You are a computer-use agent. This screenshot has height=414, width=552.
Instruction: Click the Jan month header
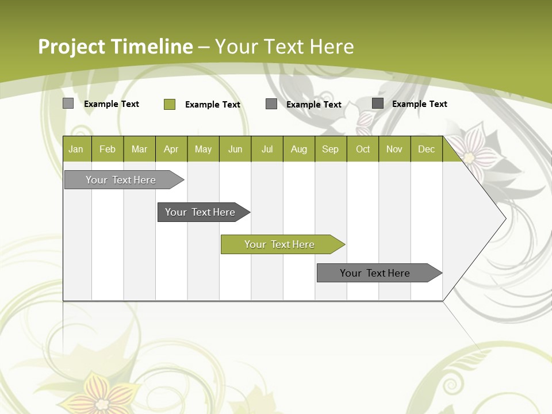(76, 149)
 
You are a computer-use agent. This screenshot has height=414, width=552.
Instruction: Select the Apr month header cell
(171, 149)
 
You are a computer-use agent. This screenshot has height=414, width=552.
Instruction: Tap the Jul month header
(267, 149)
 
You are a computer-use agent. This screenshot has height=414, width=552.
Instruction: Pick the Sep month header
(331, 149)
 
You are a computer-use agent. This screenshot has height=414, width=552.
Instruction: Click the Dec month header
(426, 149)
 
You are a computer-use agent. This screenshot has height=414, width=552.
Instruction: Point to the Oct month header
(363, 149)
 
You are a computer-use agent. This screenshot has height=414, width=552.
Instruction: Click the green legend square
(170, 104)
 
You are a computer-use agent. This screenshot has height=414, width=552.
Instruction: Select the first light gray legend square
(68, 103)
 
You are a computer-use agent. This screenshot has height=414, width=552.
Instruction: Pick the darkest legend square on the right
(378, 103)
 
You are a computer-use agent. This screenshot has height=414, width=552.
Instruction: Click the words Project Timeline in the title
(115, 47)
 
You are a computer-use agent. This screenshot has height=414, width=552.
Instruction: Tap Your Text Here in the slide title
(284, 47)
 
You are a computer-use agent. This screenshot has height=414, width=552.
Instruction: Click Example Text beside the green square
(213, 105)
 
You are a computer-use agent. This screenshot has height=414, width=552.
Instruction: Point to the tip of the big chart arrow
(504, 218)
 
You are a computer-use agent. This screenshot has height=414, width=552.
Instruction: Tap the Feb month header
(108, 149)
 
